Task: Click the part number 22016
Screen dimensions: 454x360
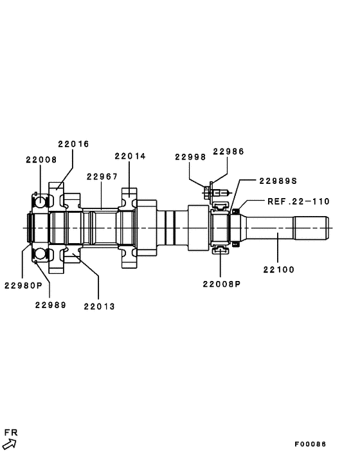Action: tap(73, 144)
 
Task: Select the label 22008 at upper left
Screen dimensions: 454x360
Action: tap(41, 159)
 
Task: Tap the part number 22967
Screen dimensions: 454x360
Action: tap(102, 176)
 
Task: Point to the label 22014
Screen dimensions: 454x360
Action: tap(130, 156)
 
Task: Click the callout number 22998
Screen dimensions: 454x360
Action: tap(190, 156)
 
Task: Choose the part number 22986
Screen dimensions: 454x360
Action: tap(228, 152)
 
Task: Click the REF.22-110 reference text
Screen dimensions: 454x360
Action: tap(298, 201)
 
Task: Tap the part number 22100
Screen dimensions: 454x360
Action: tap(278, 269)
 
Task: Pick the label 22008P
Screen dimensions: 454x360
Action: tap(221, 284)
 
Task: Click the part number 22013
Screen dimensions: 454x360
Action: tap(99, 306)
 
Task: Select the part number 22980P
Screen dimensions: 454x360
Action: tap(22, 285)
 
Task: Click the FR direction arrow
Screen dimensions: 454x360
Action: tap(9, 443)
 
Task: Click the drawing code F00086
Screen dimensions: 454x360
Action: tap(310, 444)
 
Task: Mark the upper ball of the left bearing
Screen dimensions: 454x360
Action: tap(40, 202)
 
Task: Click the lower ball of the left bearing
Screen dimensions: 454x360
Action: tap(40, 253)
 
